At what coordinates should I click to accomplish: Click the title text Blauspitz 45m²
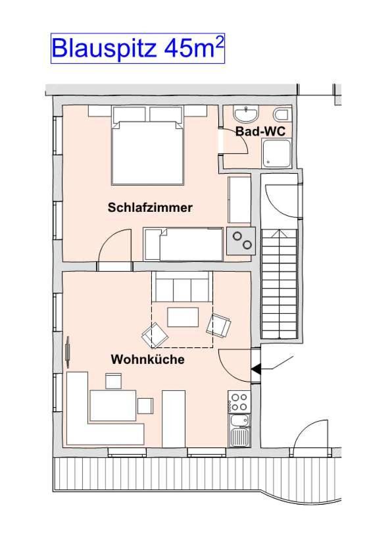tap(137, 48)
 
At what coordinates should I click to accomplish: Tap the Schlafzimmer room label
tap(150, 208)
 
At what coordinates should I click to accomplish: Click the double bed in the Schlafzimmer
tap(147, 149)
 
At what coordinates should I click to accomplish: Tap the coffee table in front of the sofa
tap(183, 317)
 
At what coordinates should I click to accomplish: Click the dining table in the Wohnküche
tap(112, 405)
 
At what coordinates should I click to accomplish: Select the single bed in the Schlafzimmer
tap(184, 243)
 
